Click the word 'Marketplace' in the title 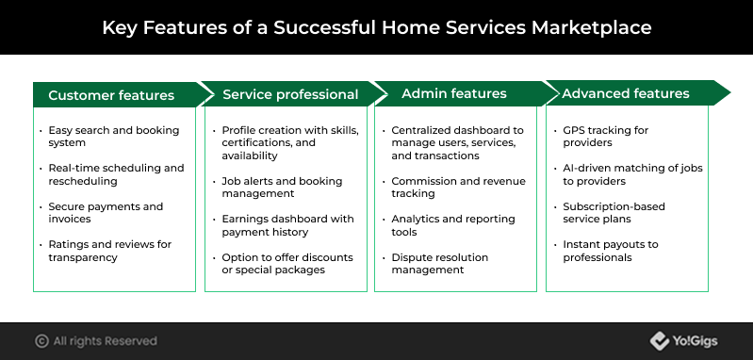591,27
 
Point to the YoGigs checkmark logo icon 660,341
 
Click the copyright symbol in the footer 41,341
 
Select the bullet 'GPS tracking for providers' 606,137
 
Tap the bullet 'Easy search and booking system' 114,137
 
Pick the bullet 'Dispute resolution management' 440,264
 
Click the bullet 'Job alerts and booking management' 282,188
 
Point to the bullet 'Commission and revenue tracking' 459,188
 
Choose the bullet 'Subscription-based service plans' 614,213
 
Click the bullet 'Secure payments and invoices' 106,213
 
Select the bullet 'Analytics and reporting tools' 453,225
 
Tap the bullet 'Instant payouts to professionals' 611,251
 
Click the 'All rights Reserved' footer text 106,341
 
